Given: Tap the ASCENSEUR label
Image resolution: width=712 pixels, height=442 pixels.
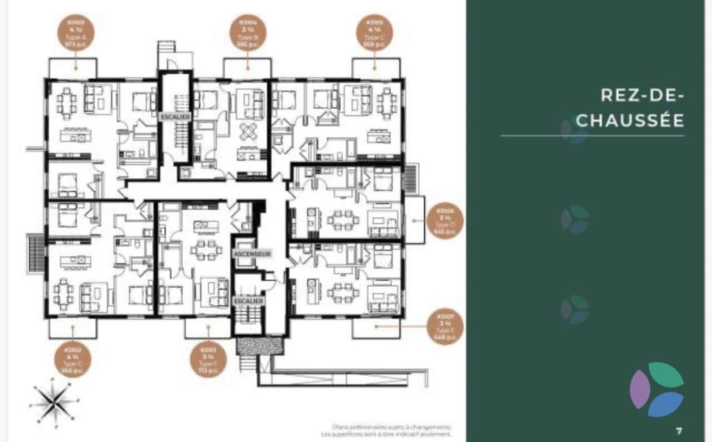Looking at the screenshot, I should (x=251, y=255).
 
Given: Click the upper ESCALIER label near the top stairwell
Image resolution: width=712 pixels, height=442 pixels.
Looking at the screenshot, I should (x=174, y=117).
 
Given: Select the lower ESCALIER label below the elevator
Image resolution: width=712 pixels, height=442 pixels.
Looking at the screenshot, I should (x=248, y=300).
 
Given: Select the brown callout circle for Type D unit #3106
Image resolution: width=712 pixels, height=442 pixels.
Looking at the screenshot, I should (x=444, y=221).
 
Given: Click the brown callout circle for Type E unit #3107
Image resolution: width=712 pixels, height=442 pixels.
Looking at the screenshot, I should (x=445, y=327).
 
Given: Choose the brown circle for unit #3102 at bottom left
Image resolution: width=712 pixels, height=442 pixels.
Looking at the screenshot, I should (x=72, y=359).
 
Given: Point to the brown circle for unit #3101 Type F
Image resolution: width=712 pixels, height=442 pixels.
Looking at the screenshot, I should (x=208, y=359).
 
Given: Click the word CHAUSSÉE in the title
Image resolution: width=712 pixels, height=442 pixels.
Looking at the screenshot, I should (x=630, y=120).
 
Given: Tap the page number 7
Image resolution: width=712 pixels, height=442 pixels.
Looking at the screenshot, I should (x=679, y=430).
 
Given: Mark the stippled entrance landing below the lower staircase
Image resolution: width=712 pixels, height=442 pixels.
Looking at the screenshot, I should (x=260, y=345).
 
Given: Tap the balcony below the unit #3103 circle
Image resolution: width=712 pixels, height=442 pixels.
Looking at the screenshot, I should (x=72, y=68).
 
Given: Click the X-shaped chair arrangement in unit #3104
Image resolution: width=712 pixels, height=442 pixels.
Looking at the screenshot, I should (x=249, y=130).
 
